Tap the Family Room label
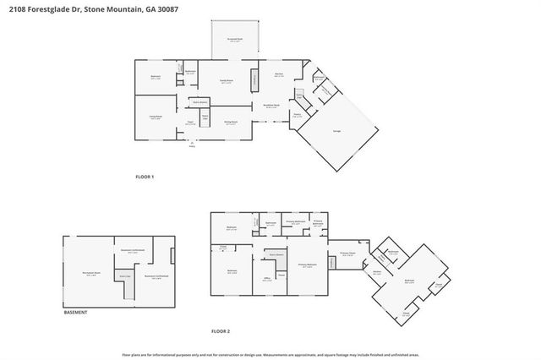226,82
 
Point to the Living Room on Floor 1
156,117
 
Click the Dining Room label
230,123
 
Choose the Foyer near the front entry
192,123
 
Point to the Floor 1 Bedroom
155,78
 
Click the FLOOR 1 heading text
145,177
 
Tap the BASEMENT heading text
76,312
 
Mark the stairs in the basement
124,277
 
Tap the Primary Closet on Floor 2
347,253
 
